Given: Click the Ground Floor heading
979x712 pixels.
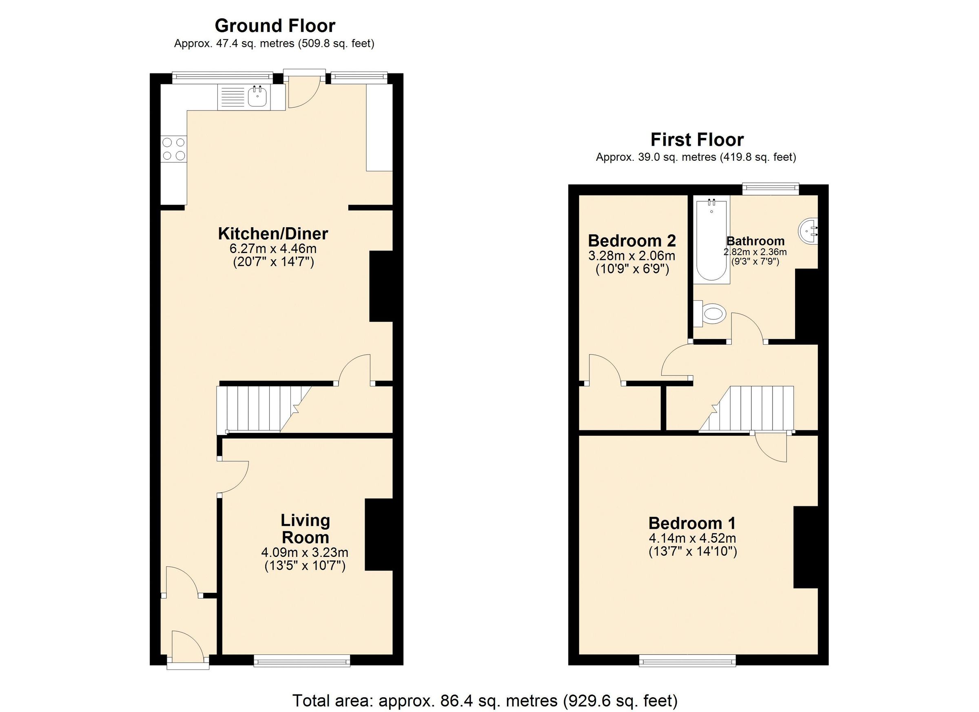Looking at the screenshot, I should pos(275,26).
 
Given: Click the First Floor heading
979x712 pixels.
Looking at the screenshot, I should pos(697,140).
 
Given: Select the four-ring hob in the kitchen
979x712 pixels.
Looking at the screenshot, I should pos(173,149).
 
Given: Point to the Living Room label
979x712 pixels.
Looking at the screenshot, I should pos(305,529).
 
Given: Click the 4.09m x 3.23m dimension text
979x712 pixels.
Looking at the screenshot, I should pos(305,552).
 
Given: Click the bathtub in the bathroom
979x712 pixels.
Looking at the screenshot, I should pos(711,240).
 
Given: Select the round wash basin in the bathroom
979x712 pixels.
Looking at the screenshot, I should pos(808,231).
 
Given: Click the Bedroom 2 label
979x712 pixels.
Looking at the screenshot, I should pos(631,240).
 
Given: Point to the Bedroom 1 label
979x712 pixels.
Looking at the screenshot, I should pos(692,523).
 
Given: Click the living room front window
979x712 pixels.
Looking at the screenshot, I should pos(302,661).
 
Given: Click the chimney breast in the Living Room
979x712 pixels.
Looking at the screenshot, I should pos(379,535).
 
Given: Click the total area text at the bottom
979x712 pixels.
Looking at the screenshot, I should pos(485,700).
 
